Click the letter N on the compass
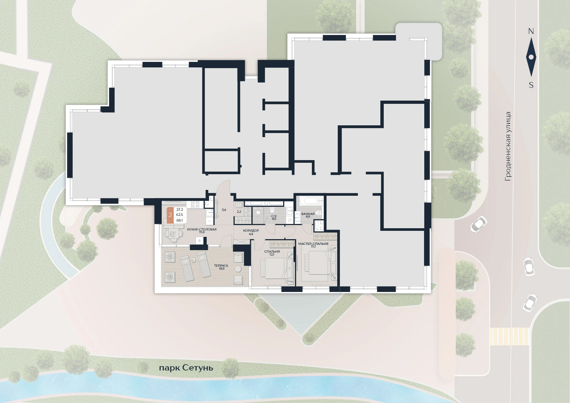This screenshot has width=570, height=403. click(531, 31)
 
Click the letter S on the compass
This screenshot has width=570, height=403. click(531, 85)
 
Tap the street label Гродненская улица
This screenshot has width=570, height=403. click(508, 146)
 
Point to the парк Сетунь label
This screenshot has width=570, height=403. click(186, 368)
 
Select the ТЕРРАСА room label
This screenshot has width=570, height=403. click(221, 266)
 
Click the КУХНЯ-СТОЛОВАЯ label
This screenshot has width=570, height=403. click(202, 229)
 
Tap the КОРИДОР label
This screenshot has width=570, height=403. click(251, 231)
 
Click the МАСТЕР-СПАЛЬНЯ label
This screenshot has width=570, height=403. click(313, 244)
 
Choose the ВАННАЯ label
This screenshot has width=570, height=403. click(308, 214)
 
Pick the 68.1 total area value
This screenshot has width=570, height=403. click(180, 220)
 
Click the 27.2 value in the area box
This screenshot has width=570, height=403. click(180, 210)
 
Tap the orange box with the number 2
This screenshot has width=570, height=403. click(170, 215)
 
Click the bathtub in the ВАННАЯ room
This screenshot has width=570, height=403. click(311, 200)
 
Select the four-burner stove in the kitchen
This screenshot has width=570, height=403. click(195, 204)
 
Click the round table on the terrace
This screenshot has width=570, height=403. click(238, 269)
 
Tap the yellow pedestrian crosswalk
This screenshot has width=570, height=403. click(509, 336)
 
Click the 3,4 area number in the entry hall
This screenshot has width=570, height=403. click(224, 210)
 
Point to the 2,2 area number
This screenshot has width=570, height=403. click(239, 212)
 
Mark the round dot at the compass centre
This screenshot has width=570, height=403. click(531, 57)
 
